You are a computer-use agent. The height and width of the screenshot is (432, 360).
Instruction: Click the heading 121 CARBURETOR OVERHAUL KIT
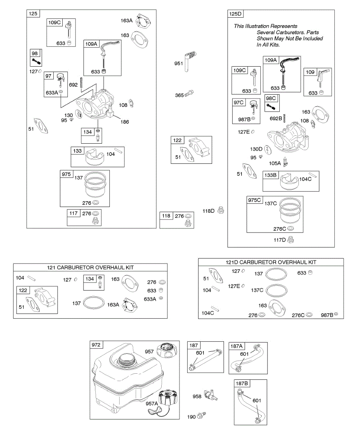[90, 267]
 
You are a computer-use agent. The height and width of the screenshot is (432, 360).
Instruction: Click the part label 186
[125, 122]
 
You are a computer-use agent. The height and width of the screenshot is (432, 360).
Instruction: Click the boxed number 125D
[236, 14]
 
